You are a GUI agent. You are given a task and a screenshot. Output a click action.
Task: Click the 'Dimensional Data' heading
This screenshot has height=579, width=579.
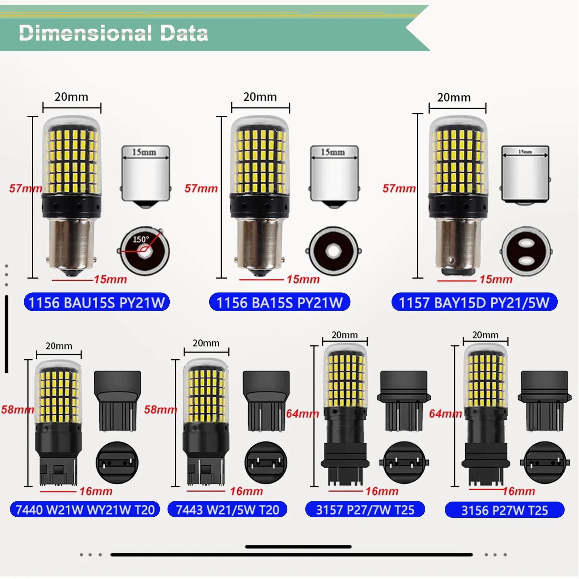click(x=113, y=33)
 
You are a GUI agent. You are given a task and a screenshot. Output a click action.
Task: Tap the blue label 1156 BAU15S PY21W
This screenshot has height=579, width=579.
click(x=97, y=302)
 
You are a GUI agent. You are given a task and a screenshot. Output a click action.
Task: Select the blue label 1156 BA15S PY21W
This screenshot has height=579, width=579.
click(x=279, y=302)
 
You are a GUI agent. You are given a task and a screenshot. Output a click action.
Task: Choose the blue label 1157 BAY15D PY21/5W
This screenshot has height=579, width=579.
click(x=474, y=302)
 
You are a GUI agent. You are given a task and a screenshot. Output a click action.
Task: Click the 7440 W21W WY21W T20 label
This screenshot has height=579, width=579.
click(x=85, y=510)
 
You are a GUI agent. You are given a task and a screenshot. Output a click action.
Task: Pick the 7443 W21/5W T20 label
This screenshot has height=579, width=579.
click(x=227, y=510)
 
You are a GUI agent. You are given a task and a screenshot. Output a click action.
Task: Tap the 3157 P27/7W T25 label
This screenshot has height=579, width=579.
click(x=365, y=510)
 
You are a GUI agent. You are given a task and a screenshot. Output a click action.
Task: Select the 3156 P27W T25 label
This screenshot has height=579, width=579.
click(x=504, y=510)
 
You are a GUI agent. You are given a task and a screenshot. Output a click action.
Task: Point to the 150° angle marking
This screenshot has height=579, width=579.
click(x=141, y=240)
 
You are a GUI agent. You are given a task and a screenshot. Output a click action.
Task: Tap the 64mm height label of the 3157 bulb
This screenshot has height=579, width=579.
click(x=302, y=413)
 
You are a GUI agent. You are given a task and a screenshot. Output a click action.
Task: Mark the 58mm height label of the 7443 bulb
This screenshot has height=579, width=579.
click(x=160, y=409)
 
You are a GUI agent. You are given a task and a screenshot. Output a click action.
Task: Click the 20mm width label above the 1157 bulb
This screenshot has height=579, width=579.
click(x=454, y=97)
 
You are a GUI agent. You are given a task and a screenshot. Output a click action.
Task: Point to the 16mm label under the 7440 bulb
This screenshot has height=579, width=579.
click(x=96, y=491)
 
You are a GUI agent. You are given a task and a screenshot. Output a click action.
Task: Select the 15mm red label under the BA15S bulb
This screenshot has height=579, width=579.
click(x=303, y=279)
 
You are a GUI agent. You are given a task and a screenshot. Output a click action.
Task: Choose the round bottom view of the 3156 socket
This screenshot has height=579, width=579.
click(x=545, y=462)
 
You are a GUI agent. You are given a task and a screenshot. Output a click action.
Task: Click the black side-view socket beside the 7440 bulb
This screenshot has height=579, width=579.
click(x=117, y=401)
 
